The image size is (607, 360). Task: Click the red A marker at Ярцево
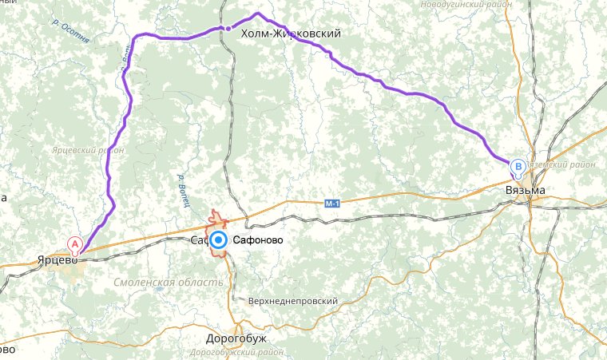tap(76, 243)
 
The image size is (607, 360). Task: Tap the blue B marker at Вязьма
tap(518, 168)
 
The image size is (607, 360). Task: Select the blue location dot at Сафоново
tap(216, 240)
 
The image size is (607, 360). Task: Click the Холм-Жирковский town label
tap(291, 34)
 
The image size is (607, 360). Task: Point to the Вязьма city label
tap(526, 191)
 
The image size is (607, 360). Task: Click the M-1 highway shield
tap(333, 204)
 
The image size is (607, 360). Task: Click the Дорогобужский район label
tap(238, 352)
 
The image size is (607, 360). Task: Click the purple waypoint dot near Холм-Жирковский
tap(228, 29)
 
